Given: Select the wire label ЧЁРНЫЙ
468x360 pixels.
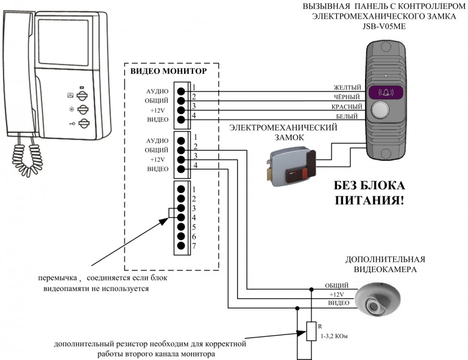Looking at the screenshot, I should [x=347, y=97].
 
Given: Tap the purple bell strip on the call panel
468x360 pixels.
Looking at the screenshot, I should [x=385, y=93].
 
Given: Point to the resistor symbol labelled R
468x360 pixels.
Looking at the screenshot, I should [x=311, y=331].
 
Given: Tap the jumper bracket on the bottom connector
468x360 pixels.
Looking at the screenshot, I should [x=170, y=213].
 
